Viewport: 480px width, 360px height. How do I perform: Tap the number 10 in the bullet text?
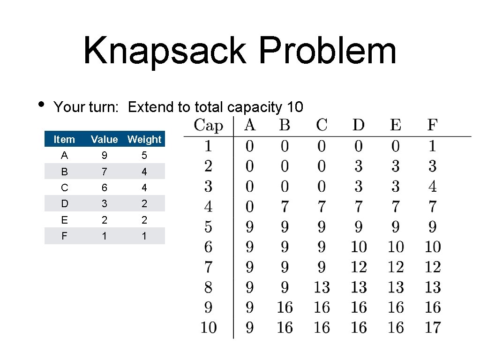(295, 107)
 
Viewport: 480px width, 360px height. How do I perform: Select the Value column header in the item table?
(104, 139)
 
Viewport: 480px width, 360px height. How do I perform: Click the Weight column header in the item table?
(144, 139)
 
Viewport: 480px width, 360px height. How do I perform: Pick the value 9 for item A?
(104, 155)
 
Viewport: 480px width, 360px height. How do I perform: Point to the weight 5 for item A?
(144, 155)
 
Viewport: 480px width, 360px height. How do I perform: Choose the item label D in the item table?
(64, 204)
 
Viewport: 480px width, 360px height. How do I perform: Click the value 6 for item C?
(104, 187)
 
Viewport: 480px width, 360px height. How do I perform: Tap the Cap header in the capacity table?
(209, 126)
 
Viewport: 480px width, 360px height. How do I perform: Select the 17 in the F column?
(433, 327)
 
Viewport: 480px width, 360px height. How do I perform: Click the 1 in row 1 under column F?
(433, 146)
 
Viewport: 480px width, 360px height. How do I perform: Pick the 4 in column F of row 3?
(433, 187)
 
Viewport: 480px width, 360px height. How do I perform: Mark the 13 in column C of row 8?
(322, 287)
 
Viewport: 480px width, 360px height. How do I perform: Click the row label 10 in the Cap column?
(209, 327)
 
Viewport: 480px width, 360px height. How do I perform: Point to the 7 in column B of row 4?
(285, 206)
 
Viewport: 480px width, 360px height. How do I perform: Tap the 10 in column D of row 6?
(359, 247)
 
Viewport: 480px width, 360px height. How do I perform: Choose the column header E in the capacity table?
(396, 126)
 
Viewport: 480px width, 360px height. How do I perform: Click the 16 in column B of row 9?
(285, 307)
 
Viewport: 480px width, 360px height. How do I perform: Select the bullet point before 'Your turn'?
(41, 104)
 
